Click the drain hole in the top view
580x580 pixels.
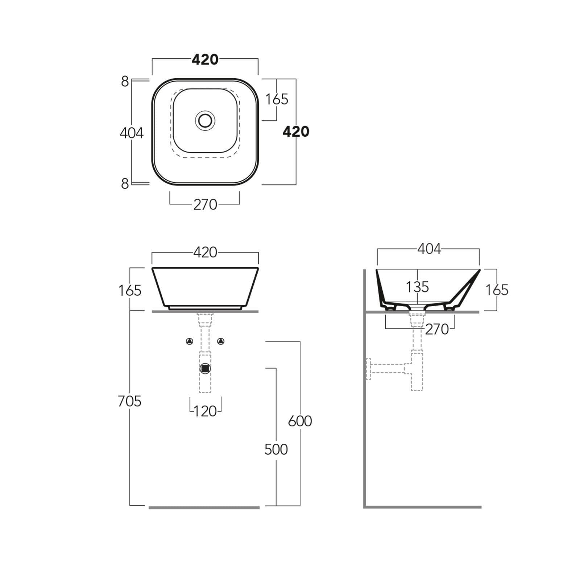point(205,120)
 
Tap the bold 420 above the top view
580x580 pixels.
point(205,59)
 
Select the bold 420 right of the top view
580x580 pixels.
point(296,131)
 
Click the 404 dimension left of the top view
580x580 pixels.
point(132,133)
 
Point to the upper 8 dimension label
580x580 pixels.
point(125,82)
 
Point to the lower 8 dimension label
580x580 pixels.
point(125,184)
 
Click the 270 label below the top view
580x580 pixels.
point(205,205)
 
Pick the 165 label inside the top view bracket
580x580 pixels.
point(277,99)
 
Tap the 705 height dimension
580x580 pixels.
point(129,401)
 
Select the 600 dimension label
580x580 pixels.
point(300,421)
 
